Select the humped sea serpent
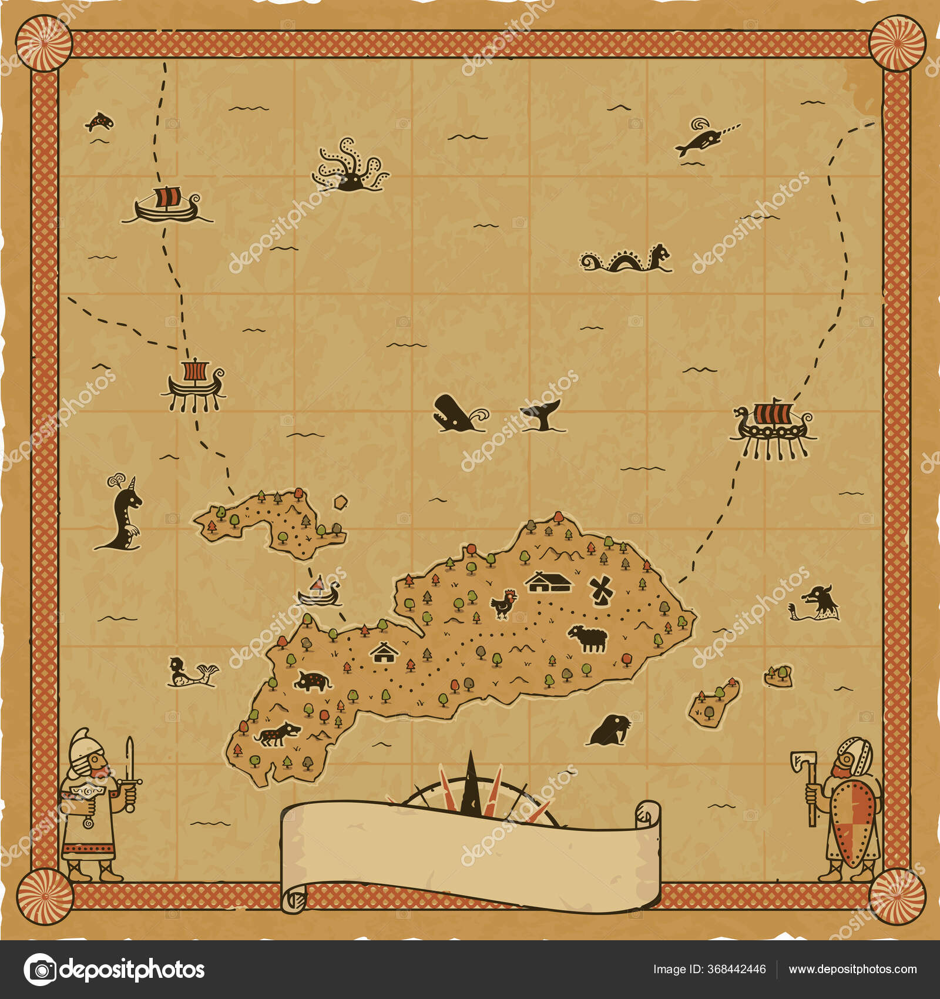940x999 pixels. click(626, 260)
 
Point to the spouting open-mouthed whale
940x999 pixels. click(456, 414)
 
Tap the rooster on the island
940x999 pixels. click(504, 604)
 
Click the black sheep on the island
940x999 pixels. click(588, 638)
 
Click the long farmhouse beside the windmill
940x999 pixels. click(548, 582)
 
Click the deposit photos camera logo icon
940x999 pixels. click(40, 970)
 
